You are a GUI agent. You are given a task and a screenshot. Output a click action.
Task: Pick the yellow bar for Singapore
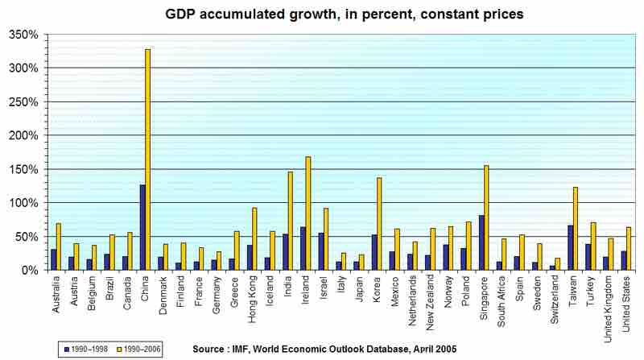tap(487, 217)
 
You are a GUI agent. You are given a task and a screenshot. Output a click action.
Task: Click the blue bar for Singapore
tap(481, 242)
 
